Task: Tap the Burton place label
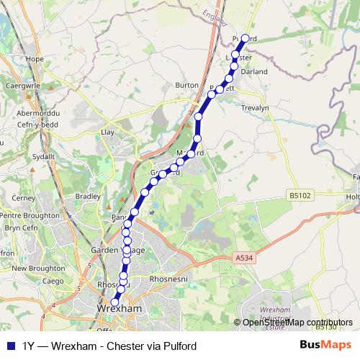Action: pos(186,85)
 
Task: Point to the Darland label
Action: pos(254,72)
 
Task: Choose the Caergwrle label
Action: pos(22,85)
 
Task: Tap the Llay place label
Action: pos(109,132)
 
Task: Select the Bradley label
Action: pos(88,195)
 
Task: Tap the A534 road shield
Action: pos(245,256)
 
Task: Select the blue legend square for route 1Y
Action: pos(9,346)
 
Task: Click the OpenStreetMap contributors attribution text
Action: pos(297,323)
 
